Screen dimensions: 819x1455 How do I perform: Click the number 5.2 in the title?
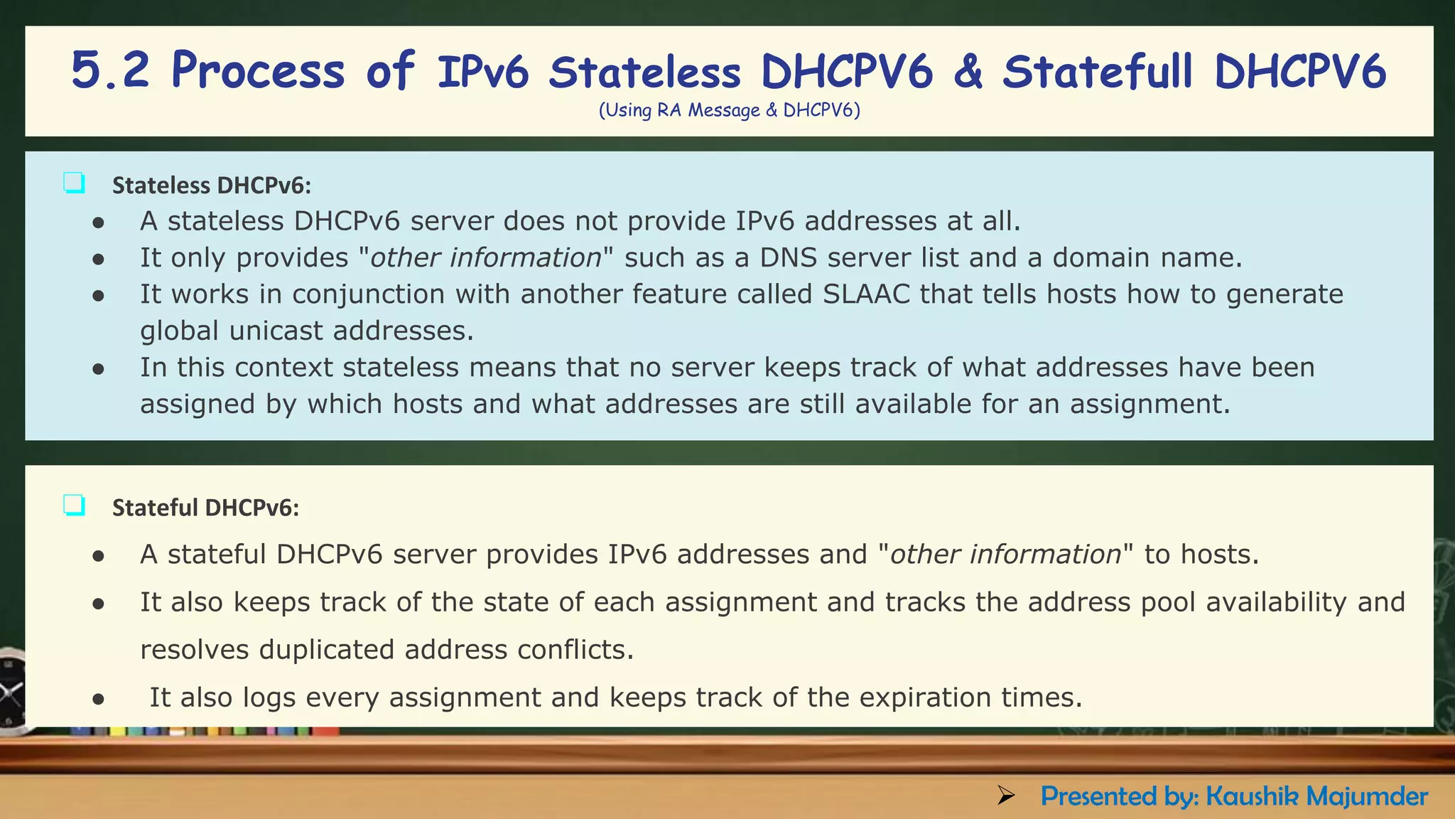tap(110, 71)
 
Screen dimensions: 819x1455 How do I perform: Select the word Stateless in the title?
tap(644, 73)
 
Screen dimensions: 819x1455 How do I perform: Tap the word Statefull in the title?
tap(1097, 73)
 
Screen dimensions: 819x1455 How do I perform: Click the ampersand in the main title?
tap(968, 73)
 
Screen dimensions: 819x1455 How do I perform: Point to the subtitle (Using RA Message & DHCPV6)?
tap(729, 111)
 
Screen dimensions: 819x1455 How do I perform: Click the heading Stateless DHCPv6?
tap(212, 186)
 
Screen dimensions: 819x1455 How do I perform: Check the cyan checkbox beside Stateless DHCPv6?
tap(74, 183)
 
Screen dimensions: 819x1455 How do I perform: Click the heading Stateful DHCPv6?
tap(205, 508)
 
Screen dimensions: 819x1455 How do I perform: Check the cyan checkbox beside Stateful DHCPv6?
tap(74, 505)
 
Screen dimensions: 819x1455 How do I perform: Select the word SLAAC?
tap(866, 294)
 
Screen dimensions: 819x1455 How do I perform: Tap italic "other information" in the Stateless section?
tap(486, 257)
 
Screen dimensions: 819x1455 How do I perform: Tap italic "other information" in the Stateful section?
tap(1005, 555)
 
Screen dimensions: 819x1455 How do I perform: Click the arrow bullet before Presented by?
tap(1005, 796)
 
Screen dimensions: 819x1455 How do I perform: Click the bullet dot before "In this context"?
tap(99, 369)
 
